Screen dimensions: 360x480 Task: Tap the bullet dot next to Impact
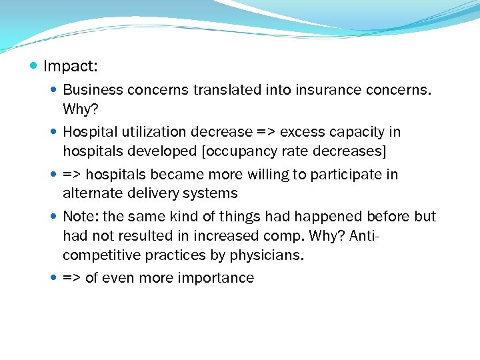tap(34, 66)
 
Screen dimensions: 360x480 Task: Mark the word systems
tap(215, 193)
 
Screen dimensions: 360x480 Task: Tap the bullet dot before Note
tap(54, 217)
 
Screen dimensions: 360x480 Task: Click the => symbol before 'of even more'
tap(71, 278)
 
